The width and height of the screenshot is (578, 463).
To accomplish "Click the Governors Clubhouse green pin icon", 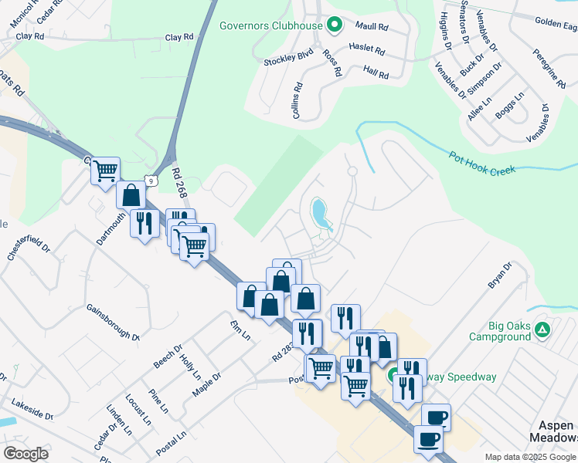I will (334, 25).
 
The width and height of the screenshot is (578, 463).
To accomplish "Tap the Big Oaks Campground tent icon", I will (542, 330).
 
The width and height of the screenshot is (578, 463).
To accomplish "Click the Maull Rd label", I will (371, 25).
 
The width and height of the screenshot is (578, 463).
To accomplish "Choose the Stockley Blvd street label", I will (287, 59).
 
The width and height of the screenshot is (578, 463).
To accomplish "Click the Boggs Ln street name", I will (509, 106).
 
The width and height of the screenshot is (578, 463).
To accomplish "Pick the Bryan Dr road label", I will (500, 275).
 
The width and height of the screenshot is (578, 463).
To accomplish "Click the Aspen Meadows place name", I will (555, 431).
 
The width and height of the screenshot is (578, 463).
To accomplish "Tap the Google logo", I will (25, 454).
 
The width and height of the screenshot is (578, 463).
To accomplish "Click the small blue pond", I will (320, 212).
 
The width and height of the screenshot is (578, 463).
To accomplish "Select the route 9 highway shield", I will (154, 180).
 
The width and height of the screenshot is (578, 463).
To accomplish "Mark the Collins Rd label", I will (297, 101).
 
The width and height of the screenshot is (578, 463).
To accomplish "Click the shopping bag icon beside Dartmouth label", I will (131, 195).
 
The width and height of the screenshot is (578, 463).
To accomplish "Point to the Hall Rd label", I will (376, 73).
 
